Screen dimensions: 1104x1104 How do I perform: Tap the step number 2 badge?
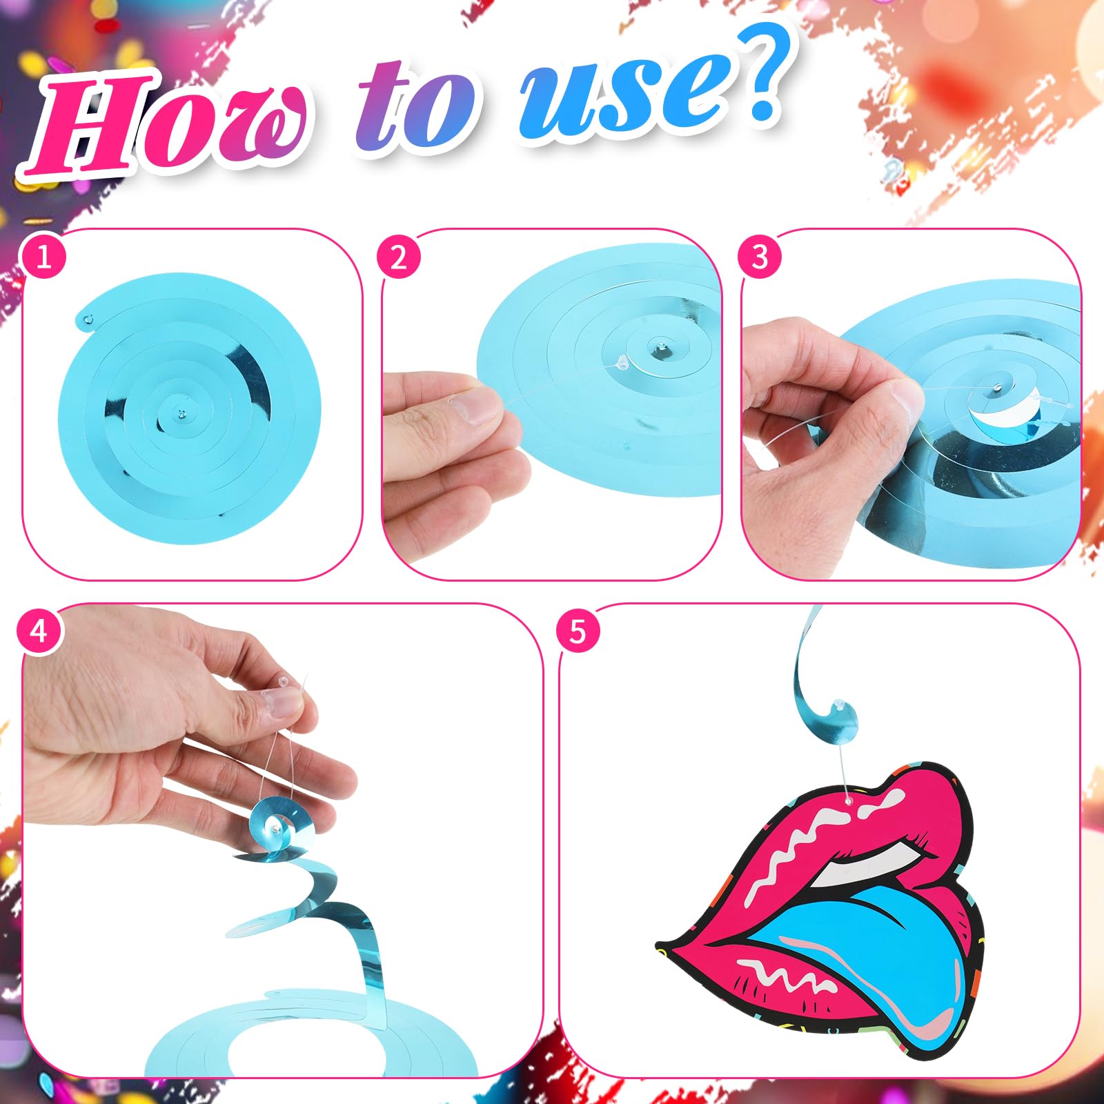point(399,257)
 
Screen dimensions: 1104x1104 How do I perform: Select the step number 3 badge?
point(760,257)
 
